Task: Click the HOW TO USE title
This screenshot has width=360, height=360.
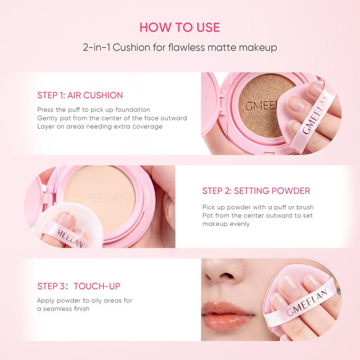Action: [180, 27]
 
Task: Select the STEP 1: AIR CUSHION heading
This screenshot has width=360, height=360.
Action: [80, 95]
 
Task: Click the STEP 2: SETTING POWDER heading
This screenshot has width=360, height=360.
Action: [256, 191]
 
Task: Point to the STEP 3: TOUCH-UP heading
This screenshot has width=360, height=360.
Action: [79, 286]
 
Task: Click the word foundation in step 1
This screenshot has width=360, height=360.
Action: [132, 109]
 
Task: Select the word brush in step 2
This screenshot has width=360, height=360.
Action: [305, 207]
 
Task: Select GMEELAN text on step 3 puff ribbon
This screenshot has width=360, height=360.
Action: [307, 302]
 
